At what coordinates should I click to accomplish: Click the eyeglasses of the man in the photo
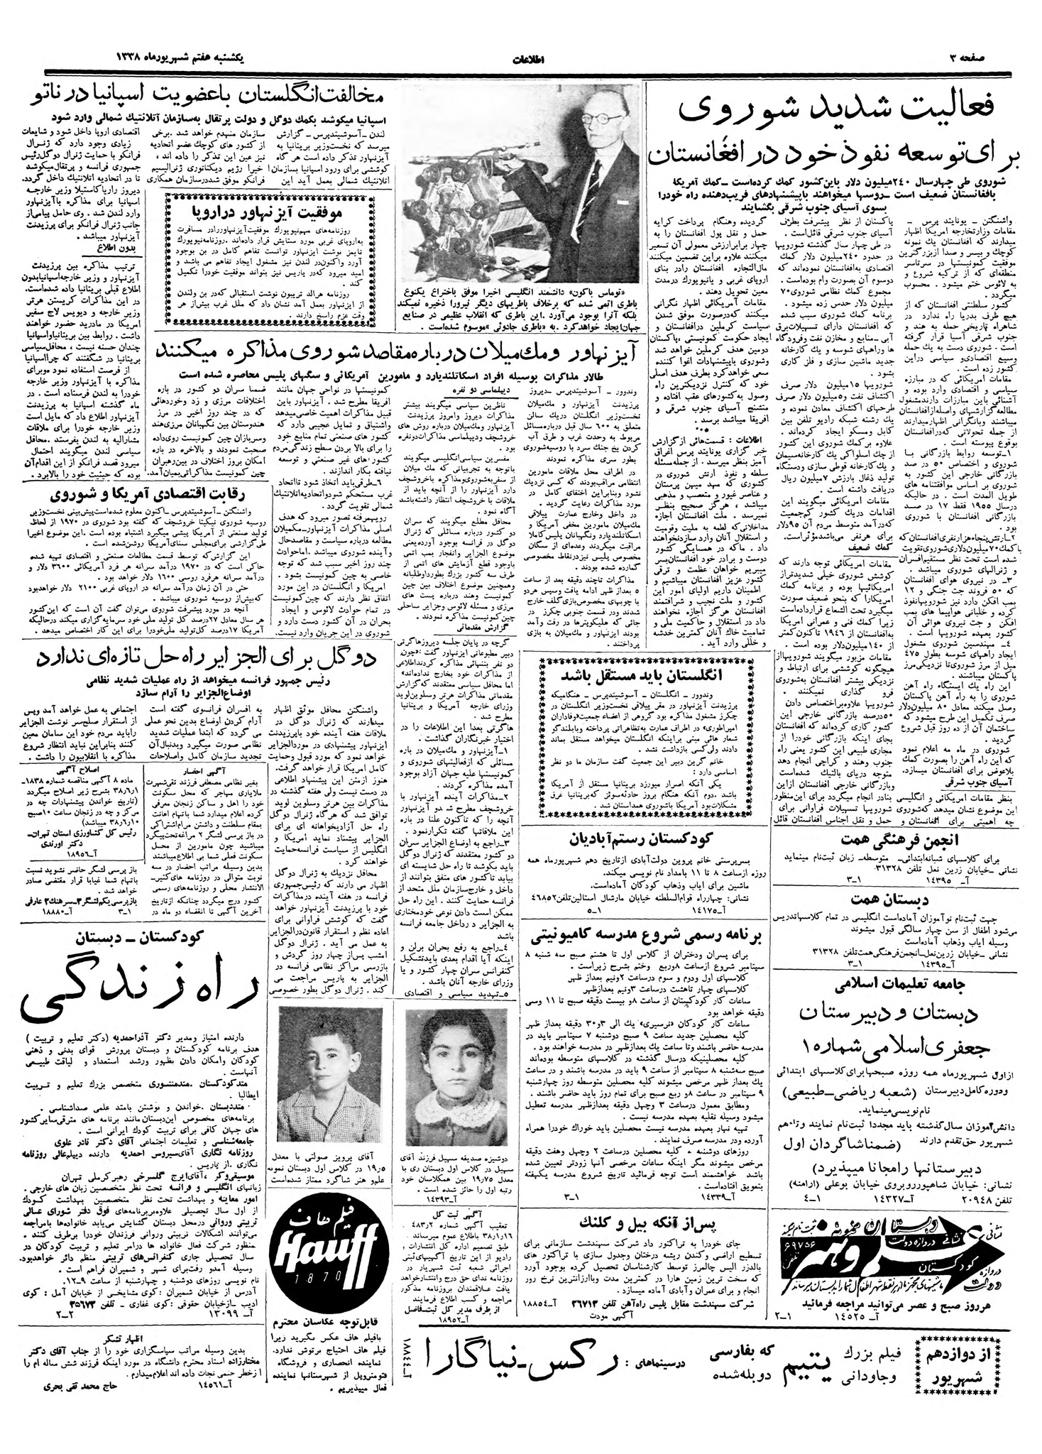click(x=603, y=119)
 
